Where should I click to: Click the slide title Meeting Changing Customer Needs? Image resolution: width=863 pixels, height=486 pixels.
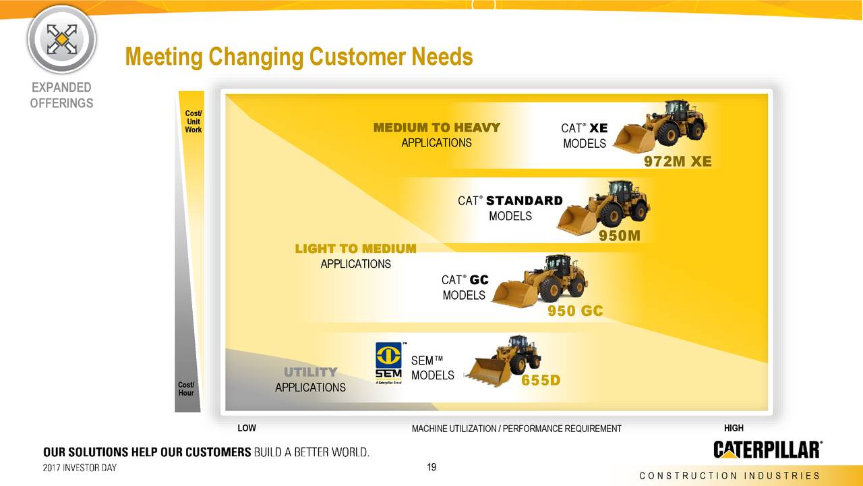coord(299,57)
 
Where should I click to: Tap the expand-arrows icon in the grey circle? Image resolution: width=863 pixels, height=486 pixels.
coord(61,39)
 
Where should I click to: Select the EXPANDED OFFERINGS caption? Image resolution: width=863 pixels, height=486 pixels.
coord(61,95)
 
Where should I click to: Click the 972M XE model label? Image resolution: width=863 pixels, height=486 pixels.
coord(678,161)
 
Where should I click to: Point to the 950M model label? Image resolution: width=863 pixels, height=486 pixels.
coord(620,236)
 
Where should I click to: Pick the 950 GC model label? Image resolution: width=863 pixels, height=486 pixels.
coord(574,310)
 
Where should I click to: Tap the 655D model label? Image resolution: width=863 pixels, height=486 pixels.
coord(541,381)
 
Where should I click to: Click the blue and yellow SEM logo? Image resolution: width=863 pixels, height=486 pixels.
coord(388,362)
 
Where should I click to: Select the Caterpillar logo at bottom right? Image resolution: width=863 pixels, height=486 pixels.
coord(767,450)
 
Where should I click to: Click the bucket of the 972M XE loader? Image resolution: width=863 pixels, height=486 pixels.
coord(632,139)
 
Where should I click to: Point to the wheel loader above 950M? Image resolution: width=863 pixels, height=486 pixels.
coord(603,206)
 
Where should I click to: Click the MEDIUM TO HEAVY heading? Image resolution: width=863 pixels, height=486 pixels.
coord(437,128)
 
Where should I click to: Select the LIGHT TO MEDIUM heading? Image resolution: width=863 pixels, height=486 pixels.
coord(355,249)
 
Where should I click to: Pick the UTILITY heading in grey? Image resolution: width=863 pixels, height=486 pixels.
coord(310,372)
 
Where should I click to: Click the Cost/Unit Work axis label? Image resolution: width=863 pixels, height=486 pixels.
coord(193,122)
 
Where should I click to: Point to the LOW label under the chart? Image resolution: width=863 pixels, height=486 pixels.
coord(247,428)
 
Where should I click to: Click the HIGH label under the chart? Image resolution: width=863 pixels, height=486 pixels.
coord(734,428)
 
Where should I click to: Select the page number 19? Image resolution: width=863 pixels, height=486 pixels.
coord(433,466)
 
